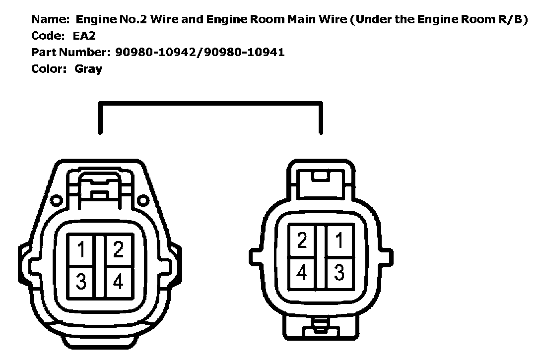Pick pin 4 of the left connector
[x=118, y=282]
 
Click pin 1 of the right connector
[x=339, y=241]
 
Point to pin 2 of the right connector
[x=303, y=241]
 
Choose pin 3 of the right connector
[x=339, y=272]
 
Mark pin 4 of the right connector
[x=303, y=272]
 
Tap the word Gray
[x=88, y=69]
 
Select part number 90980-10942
[x=155, y=53]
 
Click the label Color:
[x=49, y=69]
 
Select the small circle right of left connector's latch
[x=143, y=200]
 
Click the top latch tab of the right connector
[x=321, y=175]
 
